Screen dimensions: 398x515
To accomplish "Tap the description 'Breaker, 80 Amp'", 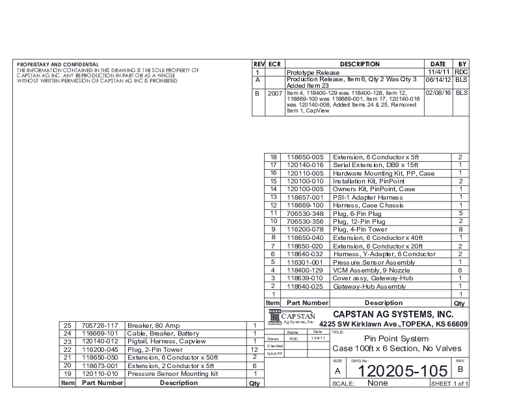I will pos(151,325).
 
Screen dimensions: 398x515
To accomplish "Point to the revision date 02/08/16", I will pos(438,93).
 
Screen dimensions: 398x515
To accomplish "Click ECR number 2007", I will pos(274,93).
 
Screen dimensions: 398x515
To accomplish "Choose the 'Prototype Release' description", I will pos(313,72).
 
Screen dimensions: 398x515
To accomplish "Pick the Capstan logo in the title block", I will pos(291,317).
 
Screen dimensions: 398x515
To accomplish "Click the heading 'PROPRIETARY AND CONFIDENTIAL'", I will pos(58,64).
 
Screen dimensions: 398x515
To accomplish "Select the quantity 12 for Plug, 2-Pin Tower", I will pos(254,349).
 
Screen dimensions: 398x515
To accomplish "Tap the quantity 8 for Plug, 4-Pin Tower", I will pos(460,230).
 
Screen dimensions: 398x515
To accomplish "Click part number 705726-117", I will pos(100,325).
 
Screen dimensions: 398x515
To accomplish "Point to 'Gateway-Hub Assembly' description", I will pos(369,286).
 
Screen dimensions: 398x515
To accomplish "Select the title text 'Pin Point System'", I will pos(396,339).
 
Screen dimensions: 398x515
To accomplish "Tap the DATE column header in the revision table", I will pos(438,64).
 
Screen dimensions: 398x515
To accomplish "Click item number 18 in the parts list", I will pos(273,157).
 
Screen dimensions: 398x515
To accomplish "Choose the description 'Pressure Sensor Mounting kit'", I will pos(172,374).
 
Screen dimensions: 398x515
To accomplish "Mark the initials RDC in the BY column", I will pos(461,72).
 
